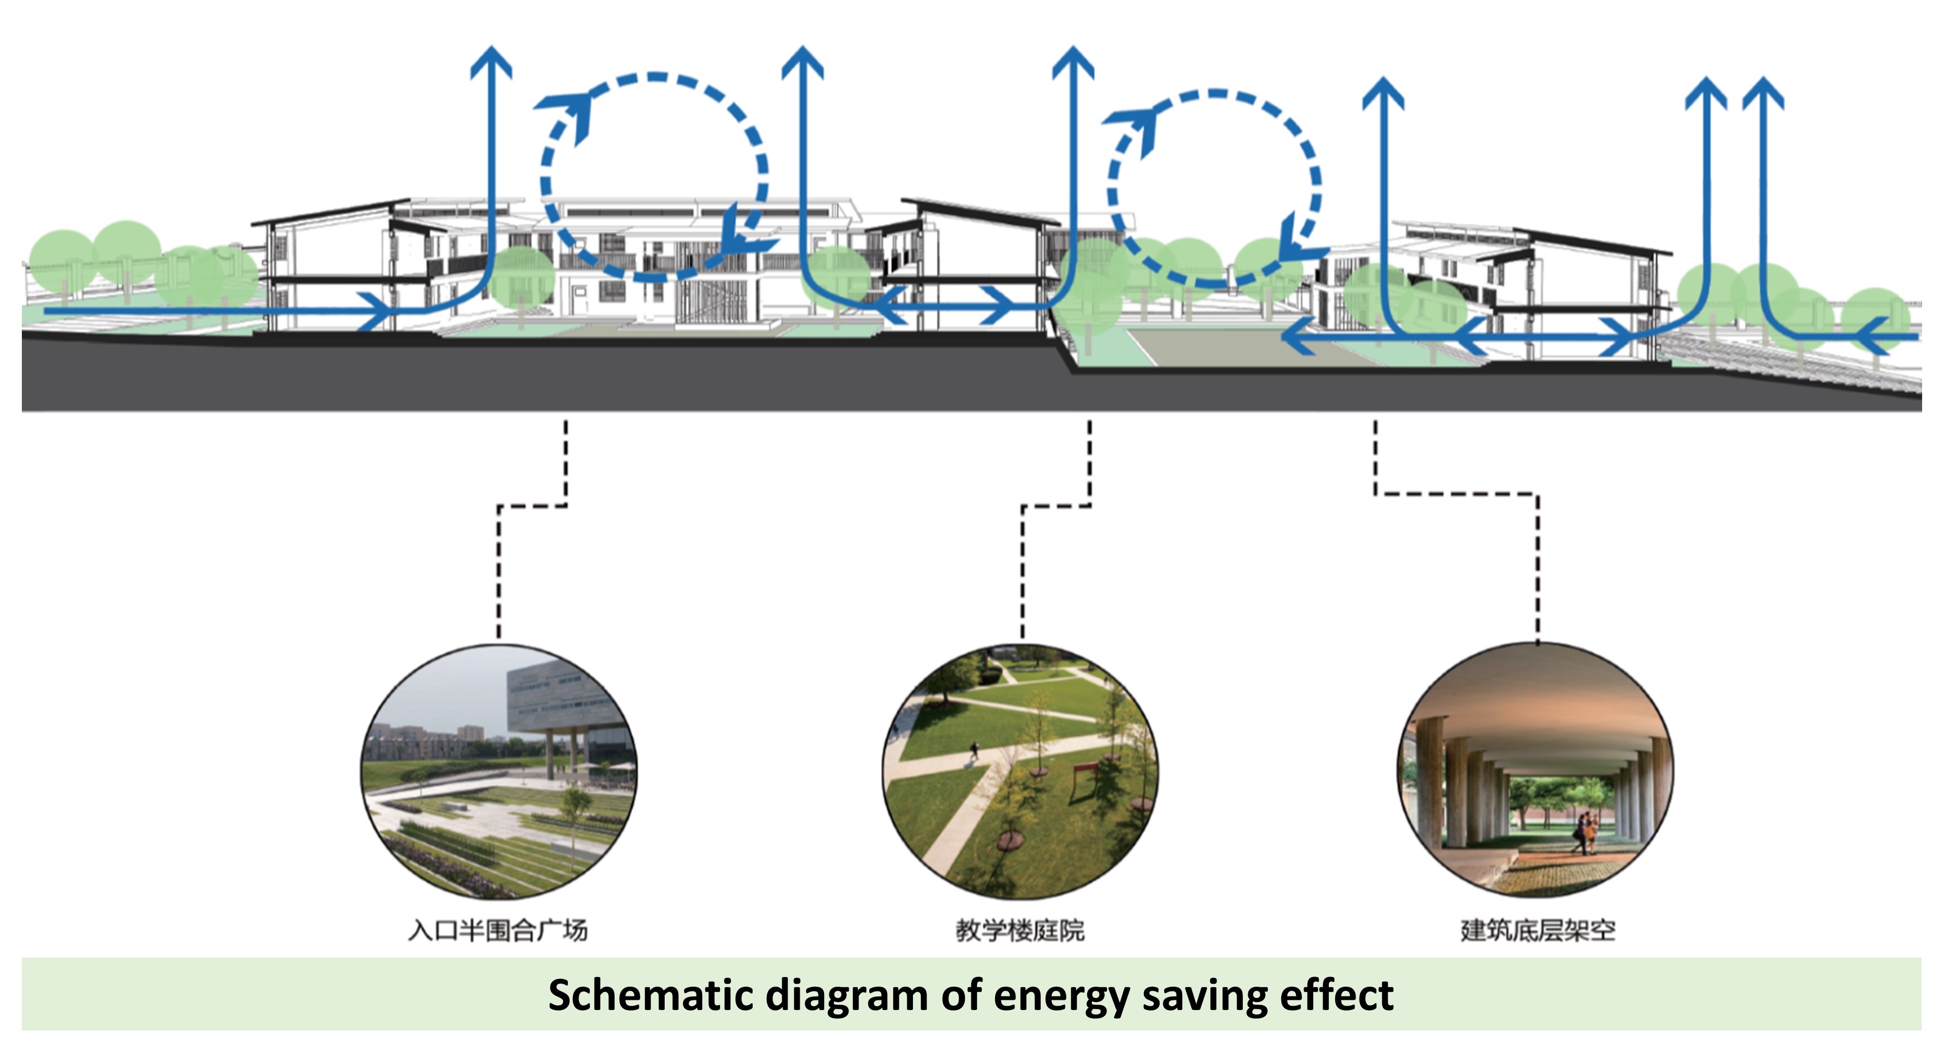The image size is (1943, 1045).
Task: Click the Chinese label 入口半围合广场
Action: point(498,930)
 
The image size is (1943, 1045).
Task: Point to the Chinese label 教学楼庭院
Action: point(1020,930)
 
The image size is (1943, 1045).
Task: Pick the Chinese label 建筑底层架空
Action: point(1538,930)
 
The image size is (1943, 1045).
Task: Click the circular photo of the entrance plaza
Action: point(499,771)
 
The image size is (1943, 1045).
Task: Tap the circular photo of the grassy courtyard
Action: point(1020,771)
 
